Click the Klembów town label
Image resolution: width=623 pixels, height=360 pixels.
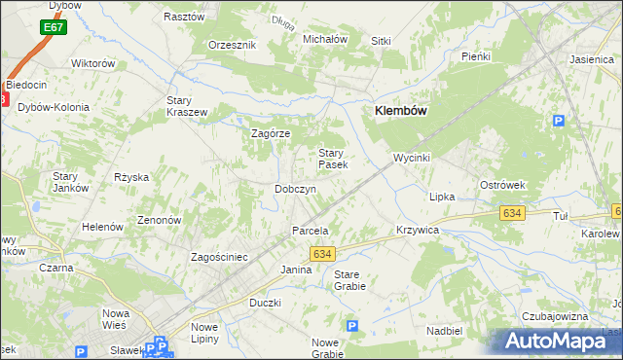(401, 111)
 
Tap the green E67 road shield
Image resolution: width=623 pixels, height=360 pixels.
(55, 28)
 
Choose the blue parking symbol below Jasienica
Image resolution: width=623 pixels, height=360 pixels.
(559, 121)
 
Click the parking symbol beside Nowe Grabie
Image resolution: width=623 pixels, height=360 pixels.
(352, 327)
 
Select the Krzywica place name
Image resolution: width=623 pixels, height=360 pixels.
(418, 230)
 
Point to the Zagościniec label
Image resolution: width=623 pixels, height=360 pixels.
(220, 257)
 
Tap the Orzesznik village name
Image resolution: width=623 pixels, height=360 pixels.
(232, 45)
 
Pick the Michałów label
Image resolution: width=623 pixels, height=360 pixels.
(325, 39)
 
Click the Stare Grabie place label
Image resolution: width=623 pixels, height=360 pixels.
(349, 280)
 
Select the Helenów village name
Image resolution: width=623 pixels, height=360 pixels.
(102, 226)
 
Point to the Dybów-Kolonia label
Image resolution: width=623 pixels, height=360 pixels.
(59, 107)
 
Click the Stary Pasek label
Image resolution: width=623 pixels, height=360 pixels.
(333, 159)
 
